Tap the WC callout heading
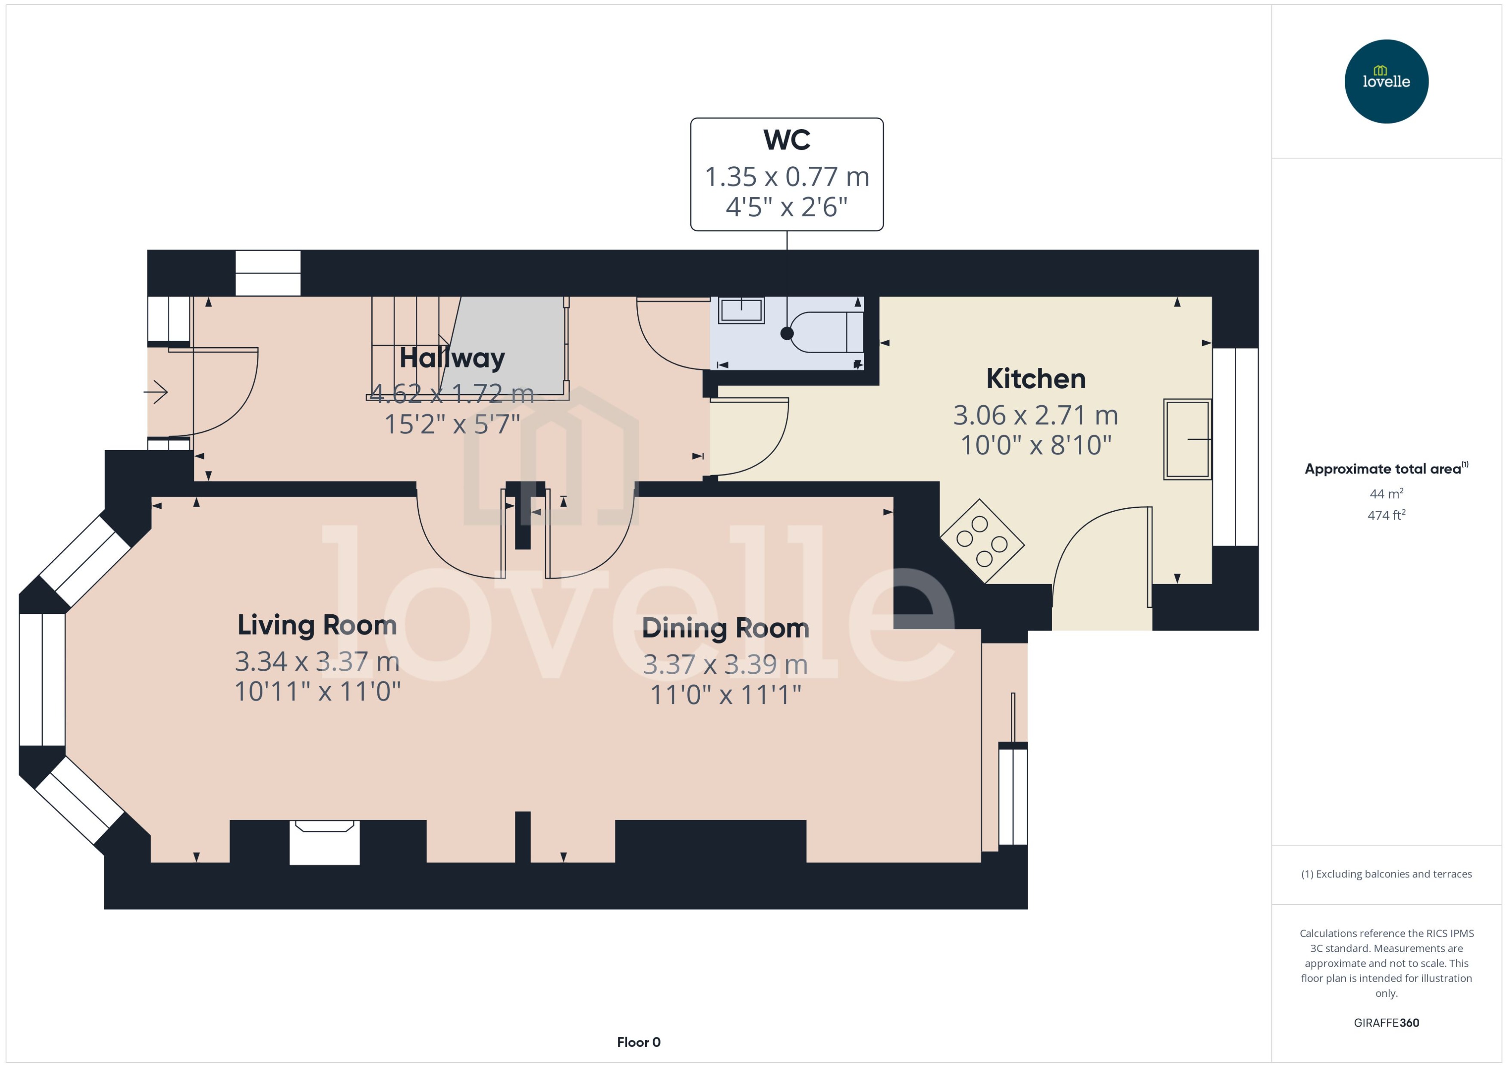786,140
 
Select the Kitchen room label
1035,379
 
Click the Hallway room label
452,358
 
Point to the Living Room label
317,625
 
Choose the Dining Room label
726,628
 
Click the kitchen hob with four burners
981,541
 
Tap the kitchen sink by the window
1187,439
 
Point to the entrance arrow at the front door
156,392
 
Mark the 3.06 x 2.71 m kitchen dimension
1035,415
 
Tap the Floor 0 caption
638,1042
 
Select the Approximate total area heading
1384,469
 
